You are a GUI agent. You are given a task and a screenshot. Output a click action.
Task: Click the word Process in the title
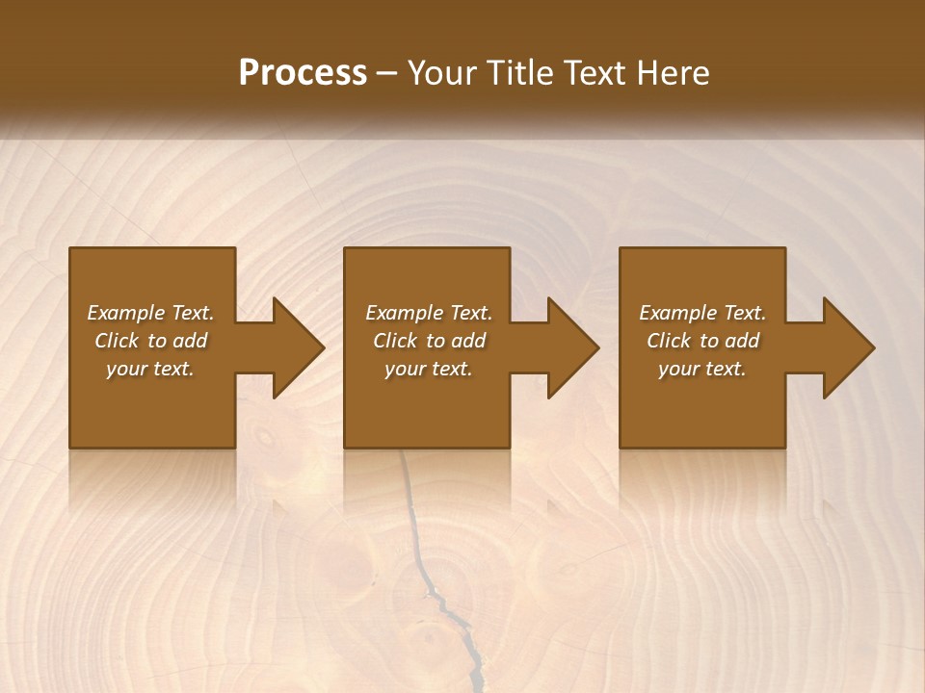tap(303, 72)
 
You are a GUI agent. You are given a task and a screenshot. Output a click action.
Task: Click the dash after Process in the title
tap(387, 74)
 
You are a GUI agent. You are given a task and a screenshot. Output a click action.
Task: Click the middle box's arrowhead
tap(576, 347)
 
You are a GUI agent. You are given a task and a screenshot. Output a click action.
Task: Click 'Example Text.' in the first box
tap(150, 313)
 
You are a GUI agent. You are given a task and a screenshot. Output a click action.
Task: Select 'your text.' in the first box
tap(150, 369)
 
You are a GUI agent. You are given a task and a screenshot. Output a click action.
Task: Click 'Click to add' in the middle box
tap(429, 341)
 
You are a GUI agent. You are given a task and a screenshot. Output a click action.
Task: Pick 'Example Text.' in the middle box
tap(429, 313)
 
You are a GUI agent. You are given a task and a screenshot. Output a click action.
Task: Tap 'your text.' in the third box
tap(702, 369)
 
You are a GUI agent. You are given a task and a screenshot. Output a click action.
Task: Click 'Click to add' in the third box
tap(702, 341)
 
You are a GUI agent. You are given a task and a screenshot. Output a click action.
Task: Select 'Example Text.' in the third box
tap(702, 313)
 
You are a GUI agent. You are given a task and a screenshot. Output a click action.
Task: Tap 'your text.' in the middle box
tap(429, 369)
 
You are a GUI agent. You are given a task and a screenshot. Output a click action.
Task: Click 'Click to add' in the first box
tap(150, 341)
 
